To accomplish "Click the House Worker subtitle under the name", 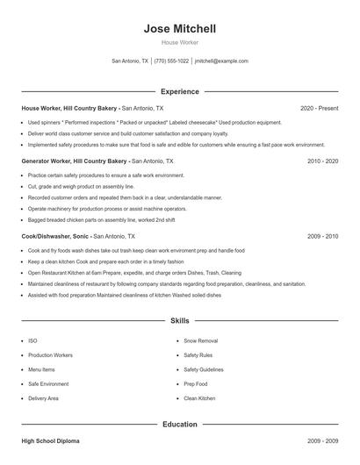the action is pos(180,42).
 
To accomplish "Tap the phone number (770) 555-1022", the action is pos(171,61).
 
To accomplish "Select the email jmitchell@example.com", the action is pos(221,61).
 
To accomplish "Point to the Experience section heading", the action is pos(180,91).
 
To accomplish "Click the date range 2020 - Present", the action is pos(319,108).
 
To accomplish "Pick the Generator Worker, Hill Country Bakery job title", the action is pos(75,161).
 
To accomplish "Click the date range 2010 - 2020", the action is pos(323,161).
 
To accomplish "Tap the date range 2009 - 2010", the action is pos(323,237).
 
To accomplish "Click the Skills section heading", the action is pos(180,322).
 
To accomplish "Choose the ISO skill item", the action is pos(32,340).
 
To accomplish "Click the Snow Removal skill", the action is pos(200,340).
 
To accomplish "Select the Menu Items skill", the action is pos(42,369).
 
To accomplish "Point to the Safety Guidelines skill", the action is pos(203,369).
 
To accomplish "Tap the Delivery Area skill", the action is pos(43,398).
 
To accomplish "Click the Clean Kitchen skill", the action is pos(199,398).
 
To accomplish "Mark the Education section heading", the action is pos(180,425).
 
